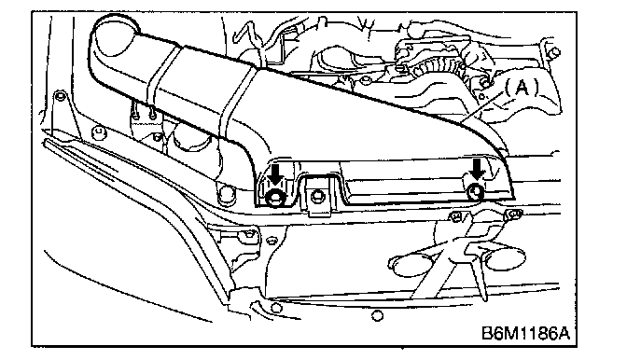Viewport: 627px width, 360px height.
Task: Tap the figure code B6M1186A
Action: (x=526, y=332)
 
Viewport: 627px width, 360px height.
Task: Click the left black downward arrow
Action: (x=274, y=174)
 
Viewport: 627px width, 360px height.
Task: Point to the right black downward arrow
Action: (x=476, y=169)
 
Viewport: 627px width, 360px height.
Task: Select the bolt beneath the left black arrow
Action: (x=275, y=197)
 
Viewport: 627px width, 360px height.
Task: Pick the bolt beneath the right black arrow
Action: (x=476, y=191)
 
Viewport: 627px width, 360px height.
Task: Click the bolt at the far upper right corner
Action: (x=554, y=52)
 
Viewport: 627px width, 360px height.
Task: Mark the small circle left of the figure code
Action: (x=377, y=316)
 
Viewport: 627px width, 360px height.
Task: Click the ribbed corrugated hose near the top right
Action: (x=436, y=66)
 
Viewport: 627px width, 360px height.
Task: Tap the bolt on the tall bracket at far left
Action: (x=60, y=96)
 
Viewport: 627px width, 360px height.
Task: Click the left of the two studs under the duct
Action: (x=137, y=115)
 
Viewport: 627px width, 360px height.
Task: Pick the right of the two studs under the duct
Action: (x=153, y=116)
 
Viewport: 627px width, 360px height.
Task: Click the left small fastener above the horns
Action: (x=455, y=216)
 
